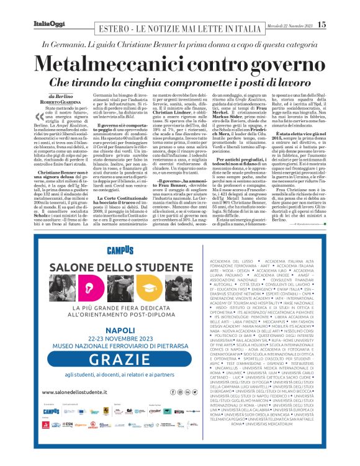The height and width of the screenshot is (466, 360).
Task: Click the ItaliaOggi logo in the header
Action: click(45, 24)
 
